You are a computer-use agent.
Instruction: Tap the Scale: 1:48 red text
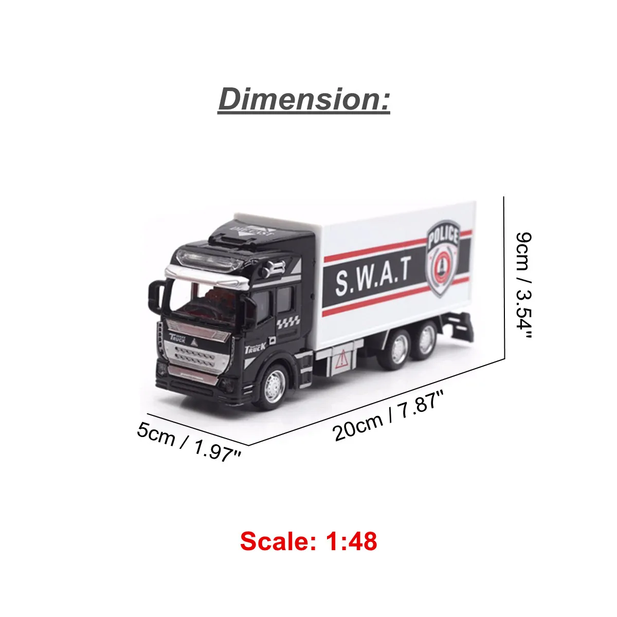coord(308,541)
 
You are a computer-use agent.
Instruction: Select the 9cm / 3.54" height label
coord(524,285)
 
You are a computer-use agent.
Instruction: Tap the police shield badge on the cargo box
coord(443,258)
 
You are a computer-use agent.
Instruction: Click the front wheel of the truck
coord(275,387)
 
